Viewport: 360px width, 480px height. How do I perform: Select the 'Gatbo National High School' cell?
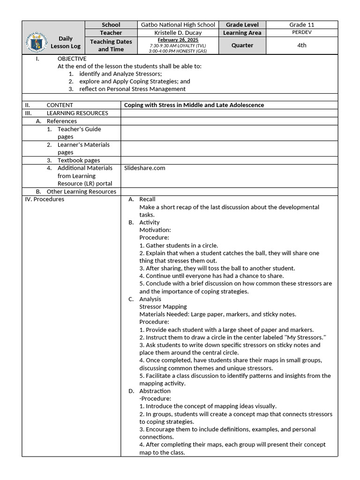(x=178, y=25)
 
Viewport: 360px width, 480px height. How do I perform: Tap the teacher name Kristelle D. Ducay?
(x=178, y=33)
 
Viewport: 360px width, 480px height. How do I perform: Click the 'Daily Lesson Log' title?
(x=66, y=42)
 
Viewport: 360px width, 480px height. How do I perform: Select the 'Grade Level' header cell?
(x=242, y=25)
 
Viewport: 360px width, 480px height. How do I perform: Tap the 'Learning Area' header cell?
(x=242, y=33)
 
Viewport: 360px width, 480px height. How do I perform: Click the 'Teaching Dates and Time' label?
(x=111, y=45)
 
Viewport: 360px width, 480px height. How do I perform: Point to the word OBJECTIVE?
(x=72, y=59)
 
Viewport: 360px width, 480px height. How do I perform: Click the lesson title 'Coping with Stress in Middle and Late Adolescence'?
(x=194, y=105)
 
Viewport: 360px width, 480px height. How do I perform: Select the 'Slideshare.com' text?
(x=145, y=168)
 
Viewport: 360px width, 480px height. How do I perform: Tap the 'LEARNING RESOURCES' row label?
(x=77, y=113)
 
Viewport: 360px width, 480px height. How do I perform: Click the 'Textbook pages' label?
(x=79, y=160)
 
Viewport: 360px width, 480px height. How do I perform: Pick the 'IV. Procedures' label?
(x=45, y=199)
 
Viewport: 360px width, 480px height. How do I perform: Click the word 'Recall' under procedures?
(x=147, y=199)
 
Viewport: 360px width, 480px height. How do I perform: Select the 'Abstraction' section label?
(x=155, y=391)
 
